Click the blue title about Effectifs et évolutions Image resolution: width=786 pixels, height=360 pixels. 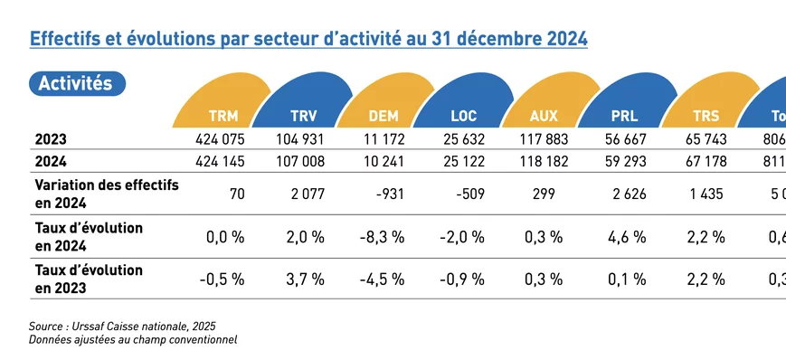click(308, 40)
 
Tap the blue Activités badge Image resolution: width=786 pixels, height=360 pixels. click(76, 83)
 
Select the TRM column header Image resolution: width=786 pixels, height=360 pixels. click(223, 117)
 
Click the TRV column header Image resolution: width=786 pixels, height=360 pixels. click(304, 117)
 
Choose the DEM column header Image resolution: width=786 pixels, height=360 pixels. click(384, 117)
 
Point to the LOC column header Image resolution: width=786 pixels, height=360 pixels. click(463, 117)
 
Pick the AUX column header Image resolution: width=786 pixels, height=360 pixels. click(544, 117)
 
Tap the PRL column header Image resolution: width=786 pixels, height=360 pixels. click(623, 117)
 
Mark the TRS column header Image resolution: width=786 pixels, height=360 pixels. click(705, 117)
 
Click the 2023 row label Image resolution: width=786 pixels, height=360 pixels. click(51, 140)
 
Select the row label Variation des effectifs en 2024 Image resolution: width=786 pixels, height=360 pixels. click(106, 192)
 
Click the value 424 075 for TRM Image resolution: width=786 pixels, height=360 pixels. click(221, 140)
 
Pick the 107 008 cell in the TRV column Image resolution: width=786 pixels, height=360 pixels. click(303, 161)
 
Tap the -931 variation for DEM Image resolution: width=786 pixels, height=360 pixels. click(387, 192)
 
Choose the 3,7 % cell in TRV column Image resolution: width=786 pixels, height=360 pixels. click(305, 279)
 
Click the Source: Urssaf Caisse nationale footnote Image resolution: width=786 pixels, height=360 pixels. click(122, 326)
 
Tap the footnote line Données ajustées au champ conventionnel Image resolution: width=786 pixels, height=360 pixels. click(133, 339)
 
